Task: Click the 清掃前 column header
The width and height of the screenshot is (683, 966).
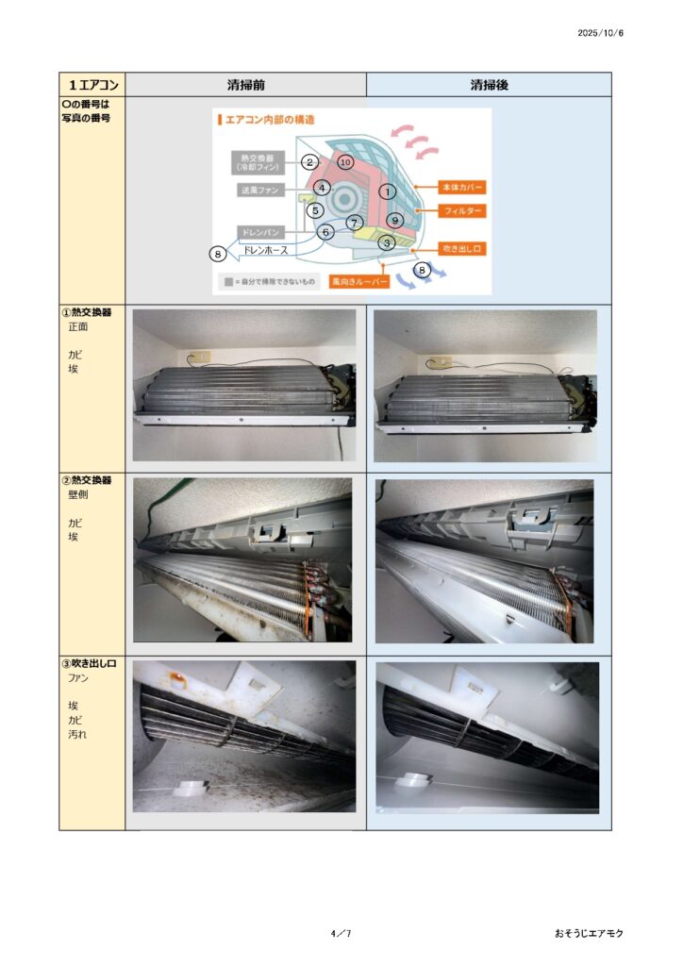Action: pos(245,85)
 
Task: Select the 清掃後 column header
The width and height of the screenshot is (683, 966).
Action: pos(489,85)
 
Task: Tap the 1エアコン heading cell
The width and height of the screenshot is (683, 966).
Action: pos(93,85)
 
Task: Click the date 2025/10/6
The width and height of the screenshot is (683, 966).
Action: pos(600,33)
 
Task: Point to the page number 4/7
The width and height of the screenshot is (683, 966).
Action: pos(341,933)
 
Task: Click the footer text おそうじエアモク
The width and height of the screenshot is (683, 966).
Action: pos(588,933)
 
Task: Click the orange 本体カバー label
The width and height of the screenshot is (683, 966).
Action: pos(462,188)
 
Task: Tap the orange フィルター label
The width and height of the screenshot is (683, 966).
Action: pos(462,211)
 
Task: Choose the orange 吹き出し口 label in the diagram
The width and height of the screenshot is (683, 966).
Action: pos(462,249)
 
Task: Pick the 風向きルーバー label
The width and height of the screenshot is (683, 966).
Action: pos(359,281)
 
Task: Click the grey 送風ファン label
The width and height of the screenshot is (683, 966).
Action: pos(260,191)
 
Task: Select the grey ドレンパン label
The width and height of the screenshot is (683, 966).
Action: pos(260,232)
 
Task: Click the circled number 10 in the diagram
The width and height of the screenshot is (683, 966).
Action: pos(345,162)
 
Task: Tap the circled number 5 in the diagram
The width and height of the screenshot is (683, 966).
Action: pos(315,210)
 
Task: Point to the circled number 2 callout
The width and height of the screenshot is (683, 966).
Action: pos(309,162)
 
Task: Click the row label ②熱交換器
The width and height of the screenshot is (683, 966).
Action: pos(87,480)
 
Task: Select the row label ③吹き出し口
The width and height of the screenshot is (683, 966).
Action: pos(89,663)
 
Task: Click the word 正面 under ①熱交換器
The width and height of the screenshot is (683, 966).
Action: pos(77,326)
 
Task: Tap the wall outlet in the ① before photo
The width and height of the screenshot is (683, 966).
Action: pos(200,357)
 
